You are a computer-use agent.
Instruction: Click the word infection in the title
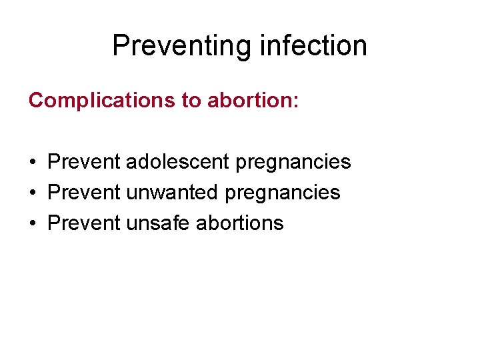(311, 46)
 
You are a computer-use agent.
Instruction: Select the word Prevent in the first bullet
(84, 161)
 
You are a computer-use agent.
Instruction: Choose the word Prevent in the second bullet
(84, 192)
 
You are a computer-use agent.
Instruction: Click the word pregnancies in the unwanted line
(283, 193)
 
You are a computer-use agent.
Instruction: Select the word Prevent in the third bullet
(84, 223)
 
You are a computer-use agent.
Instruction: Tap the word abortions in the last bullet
(240, 223)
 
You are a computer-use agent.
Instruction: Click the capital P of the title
(121, 46)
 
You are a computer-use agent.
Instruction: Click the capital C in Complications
(35, 100)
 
